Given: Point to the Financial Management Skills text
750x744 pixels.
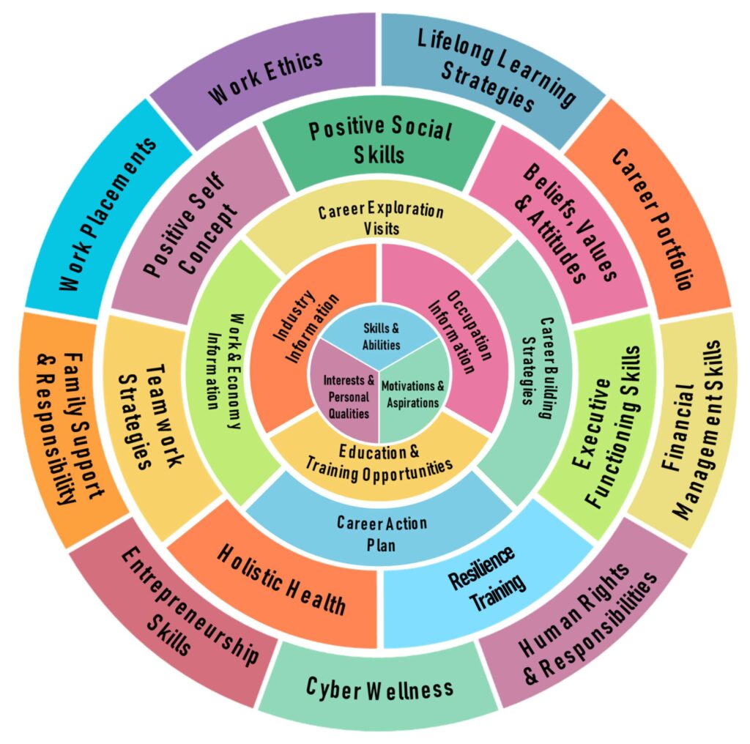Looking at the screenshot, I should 691,431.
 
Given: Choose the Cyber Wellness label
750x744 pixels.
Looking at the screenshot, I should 379,688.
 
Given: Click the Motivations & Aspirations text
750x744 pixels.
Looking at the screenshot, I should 413,393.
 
